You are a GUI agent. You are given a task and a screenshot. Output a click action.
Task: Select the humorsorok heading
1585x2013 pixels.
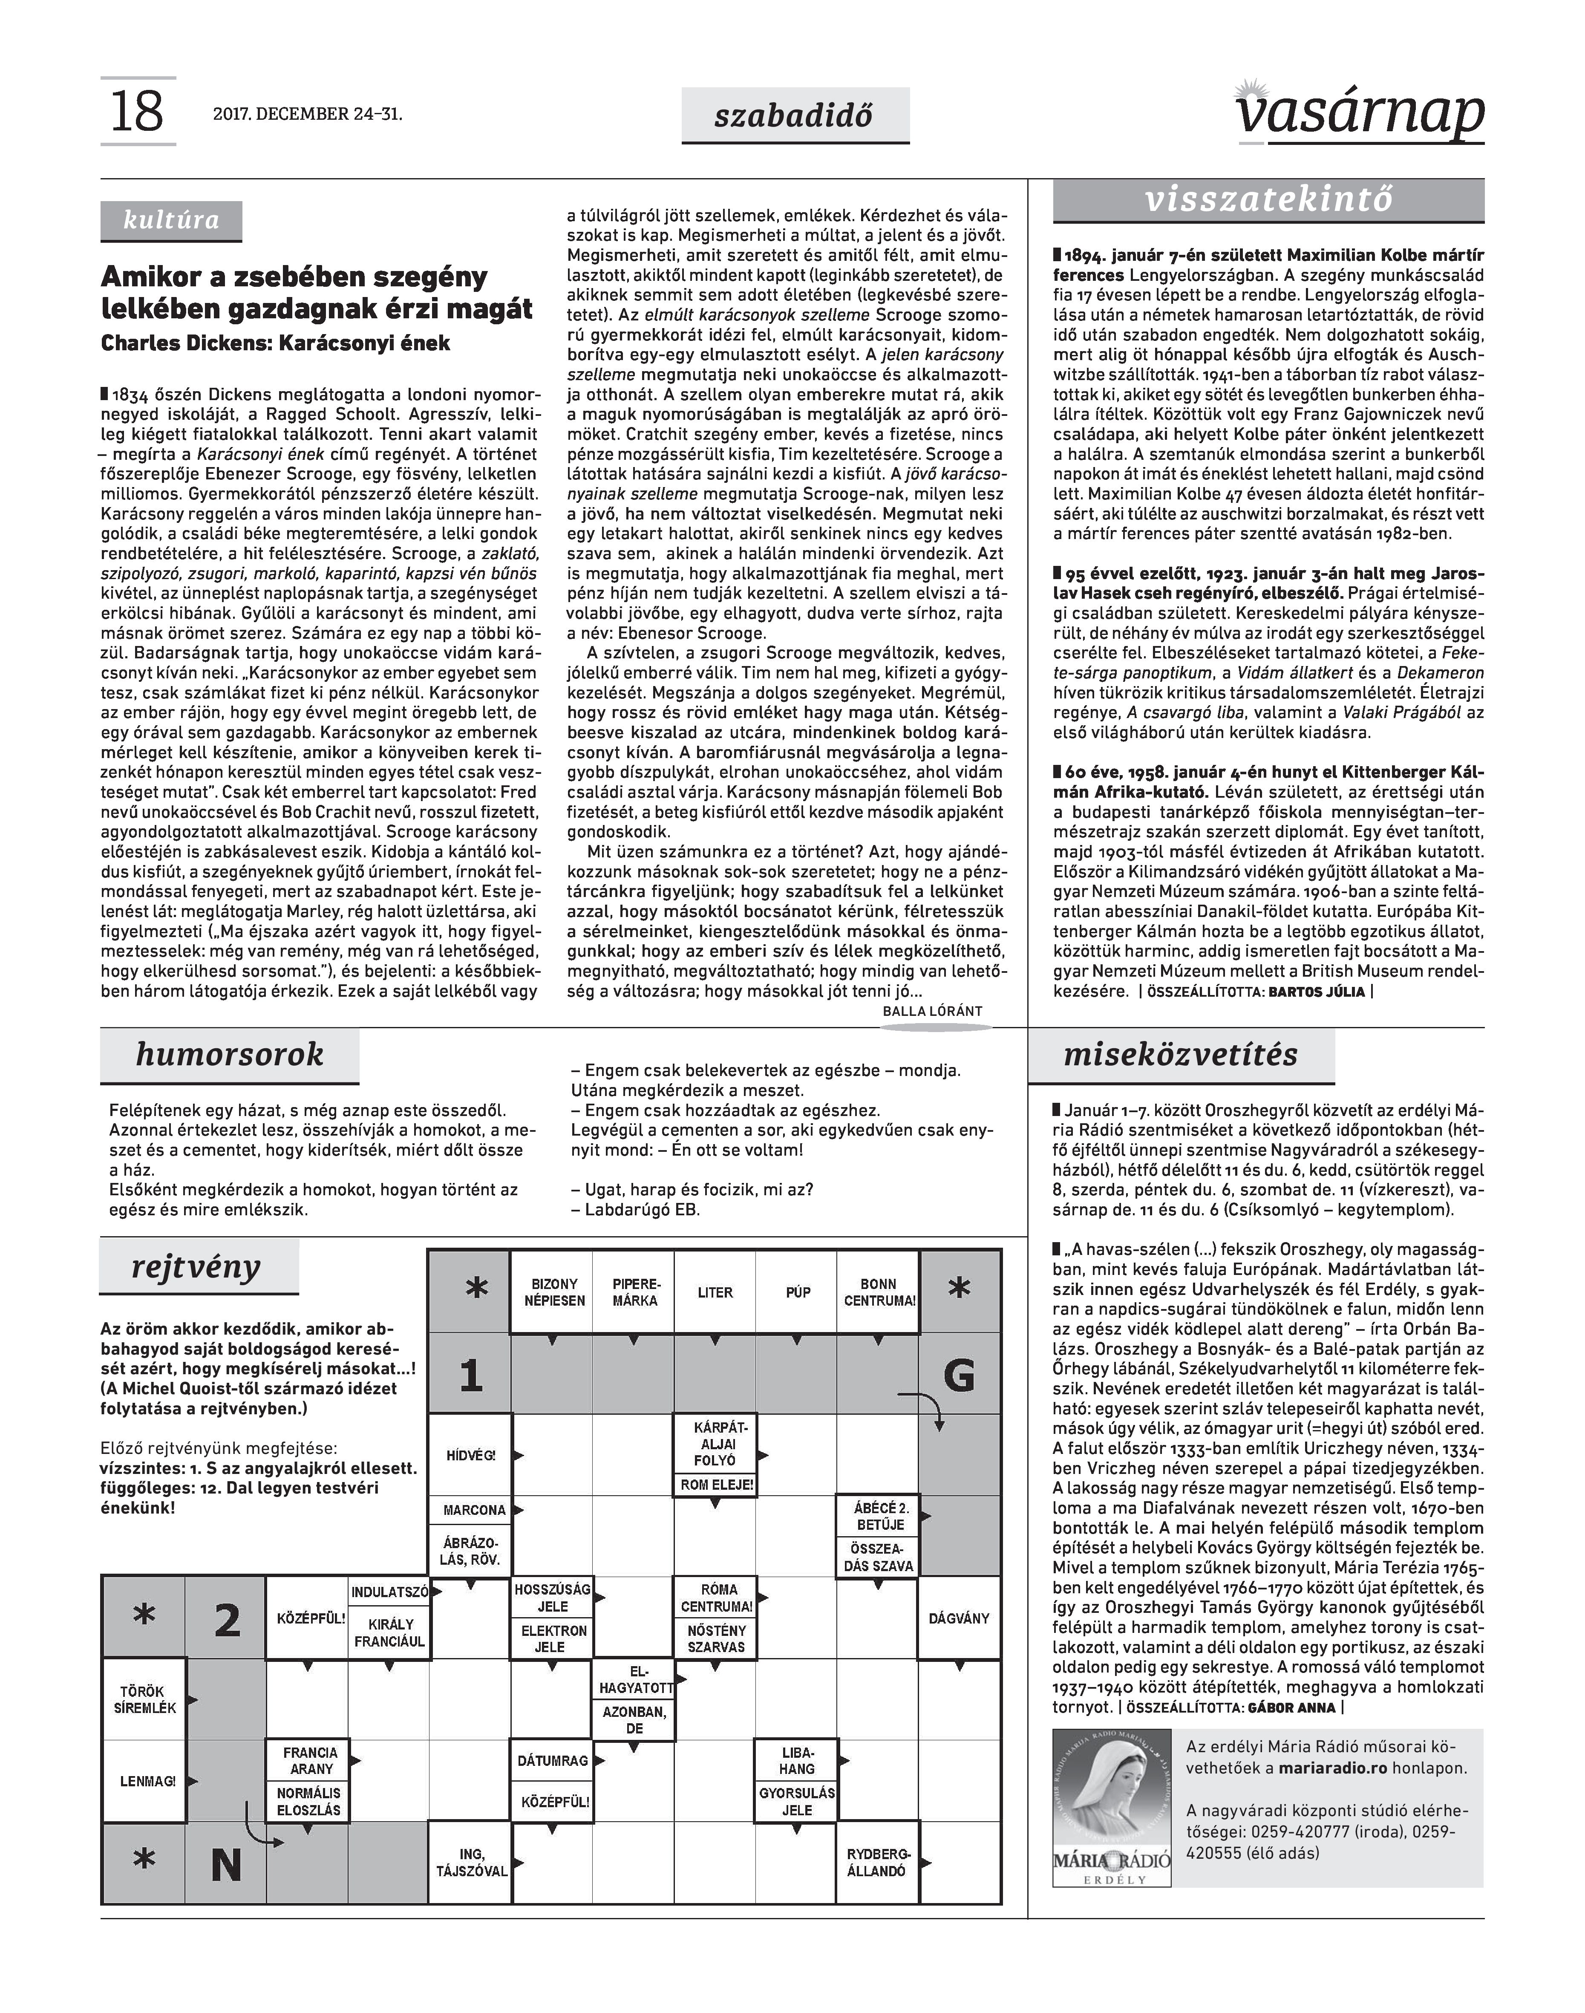229,1055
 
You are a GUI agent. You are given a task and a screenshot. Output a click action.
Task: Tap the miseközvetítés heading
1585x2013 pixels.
1180,1055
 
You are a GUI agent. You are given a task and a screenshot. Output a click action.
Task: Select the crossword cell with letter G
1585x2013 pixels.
960,1376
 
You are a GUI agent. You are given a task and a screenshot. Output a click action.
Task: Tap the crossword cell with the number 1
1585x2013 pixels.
470,1376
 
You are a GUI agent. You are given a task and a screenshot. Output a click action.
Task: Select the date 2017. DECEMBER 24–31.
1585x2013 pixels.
307,115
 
